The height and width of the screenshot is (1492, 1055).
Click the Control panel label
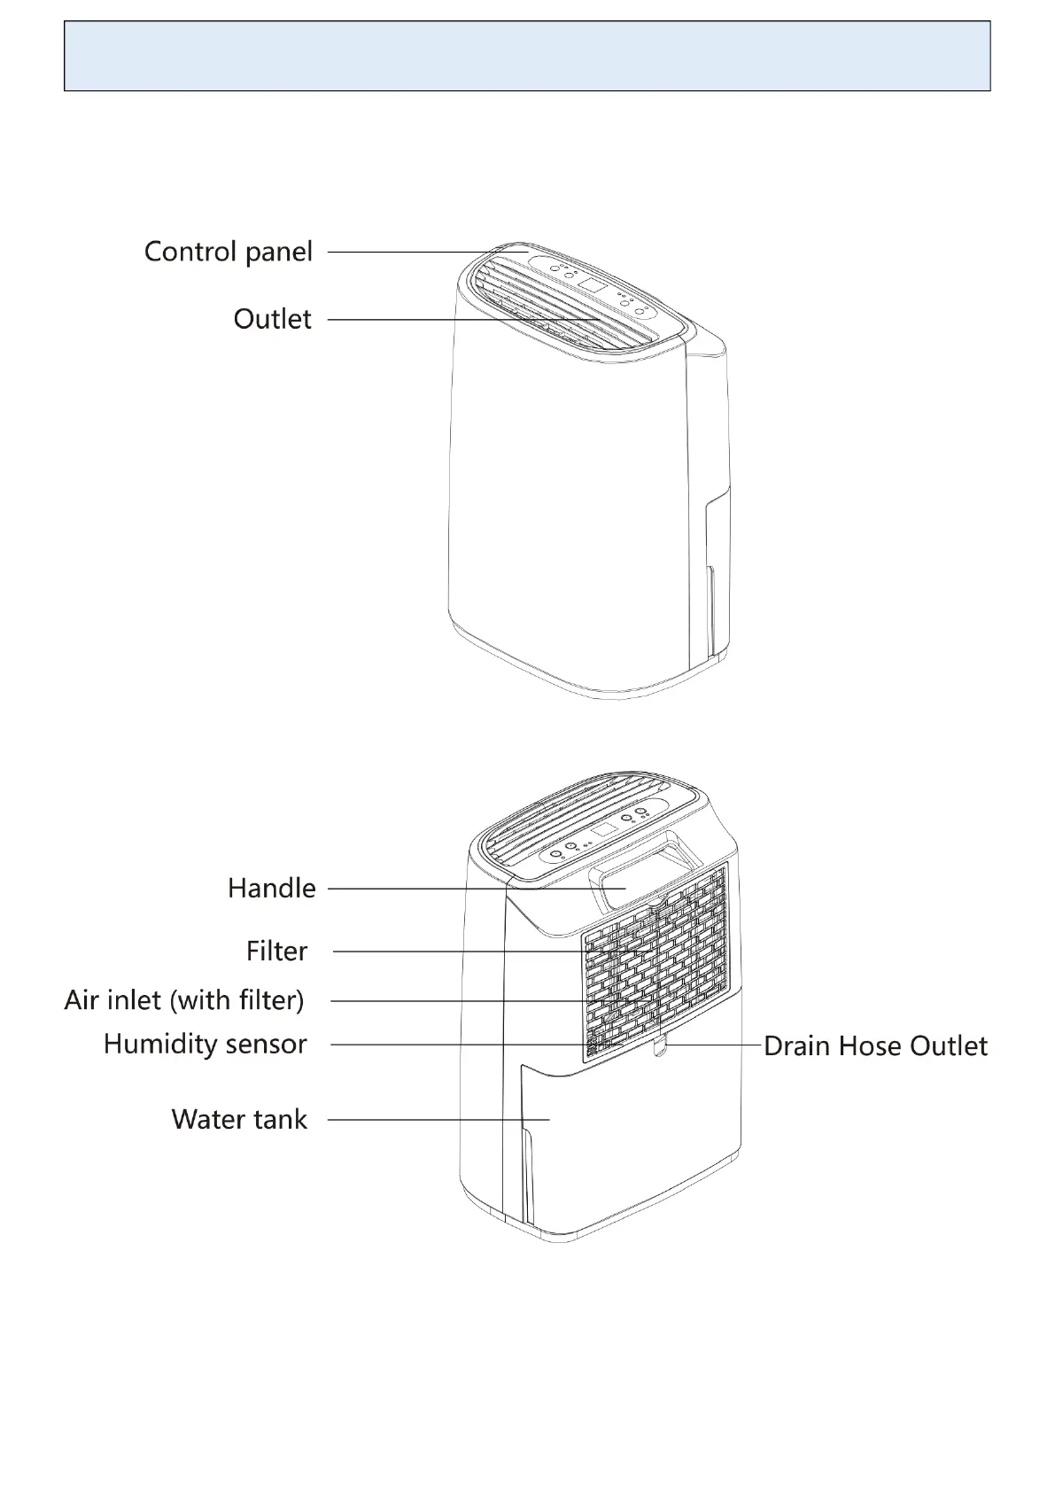[229, 252]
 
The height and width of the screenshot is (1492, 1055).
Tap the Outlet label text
[272, 319]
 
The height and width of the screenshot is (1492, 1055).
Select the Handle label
[271, 888]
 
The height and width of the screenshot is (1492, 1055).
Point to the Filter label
[276, 952]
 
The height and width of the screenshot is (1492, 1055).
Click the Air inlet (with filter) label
[184, 1000]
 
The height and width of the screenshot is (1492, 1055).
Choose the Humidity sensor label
[205, 1044]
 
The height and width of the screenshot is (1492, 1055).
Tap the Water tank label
[239, 1119]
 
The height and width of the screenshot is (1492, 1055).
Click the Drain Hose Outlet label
[875, 1046]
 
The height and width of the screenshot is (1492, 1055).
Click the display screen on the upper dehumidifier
[592, 286]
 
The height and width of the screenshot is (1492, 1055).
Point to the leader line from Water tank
[425, 1120]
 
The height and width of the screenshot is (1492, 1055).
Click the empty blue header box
[527, 57]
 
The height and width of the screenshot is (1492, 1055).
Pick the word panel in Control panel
[279, 252]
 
